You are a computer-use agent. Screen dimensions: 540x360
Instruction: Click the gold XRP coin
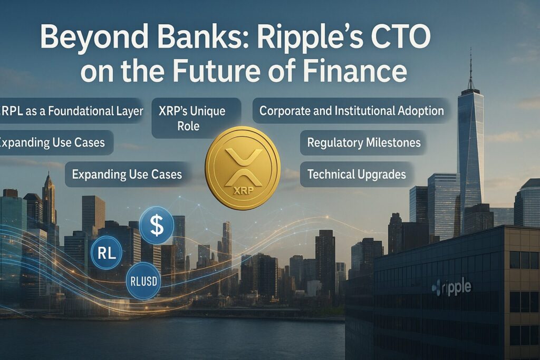(243, 168)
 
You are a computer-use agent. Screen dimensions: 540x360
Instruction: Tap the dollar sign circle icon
(157, 225)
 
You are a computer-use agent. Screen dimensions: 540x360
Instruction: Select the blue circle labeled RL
(107, 253)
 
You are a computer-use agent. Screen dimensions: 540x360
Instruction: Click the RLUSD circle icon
(143, 281)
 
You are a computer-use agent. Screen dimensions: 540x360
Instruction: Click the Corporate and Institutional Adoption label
(352, 111)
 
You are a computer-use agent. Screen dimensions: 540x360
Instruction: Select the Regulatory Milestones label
(364, 142)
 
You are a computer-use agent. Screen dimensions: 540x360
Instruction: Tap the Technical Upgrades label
(356, 174)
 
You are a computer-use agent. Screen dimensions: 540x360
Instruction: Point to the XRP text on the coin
(243, 190)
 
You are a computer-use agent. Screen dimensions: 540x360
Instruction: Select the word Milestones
(393, 142)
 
